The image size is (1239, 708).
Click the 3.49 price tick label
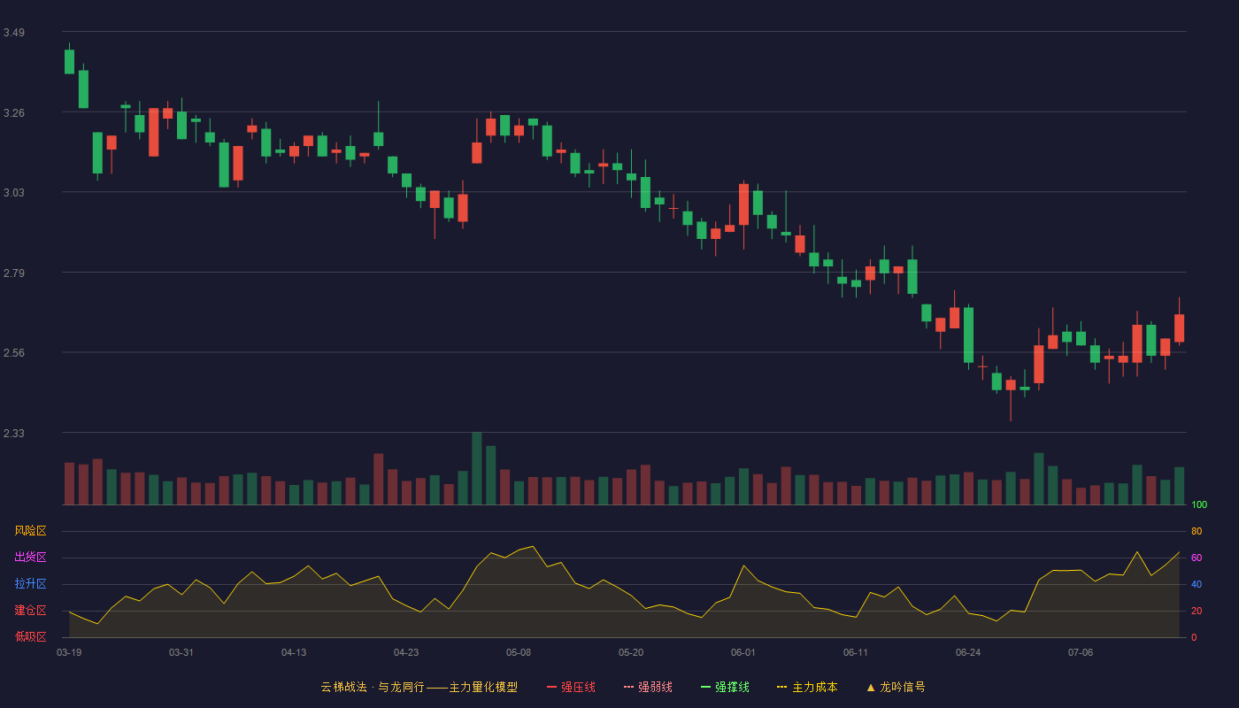[14, 33]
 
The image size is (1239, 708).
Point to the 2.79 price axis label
[14, 273]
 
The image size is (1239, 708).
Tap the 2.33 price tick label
[14, 434]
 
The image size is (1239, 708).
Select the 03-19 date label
[69, 653]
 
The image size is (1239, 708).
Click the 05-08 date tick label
[519, 653]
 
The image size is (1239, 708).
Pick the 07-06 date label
[1081, 653]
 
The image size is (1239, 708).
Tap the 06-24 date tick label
[968, 653]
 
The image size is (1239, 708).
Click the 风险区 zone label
[30, 531]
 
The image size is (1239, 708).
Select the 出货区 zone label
[30, 557]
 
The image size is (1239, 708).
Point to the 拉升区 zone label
[30, 583]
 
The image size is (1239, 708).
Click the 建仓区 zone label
[30, 610]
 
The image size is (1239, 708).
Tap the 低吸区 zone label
[30, 636]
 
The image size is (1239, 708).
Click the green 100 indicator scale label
[1199, 504]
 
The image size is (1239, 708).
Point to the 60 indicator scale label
[1197, 558]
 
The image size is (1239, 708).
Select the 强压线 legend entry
[571, 687]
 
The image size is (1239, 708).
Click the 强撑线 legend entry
[725, 687]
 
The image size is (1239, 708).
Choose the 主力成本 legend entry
[807, 687]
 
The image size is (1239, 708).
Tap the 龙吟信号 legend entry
[896, 687]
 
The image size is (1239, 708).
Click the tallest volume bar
[477, 468]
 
